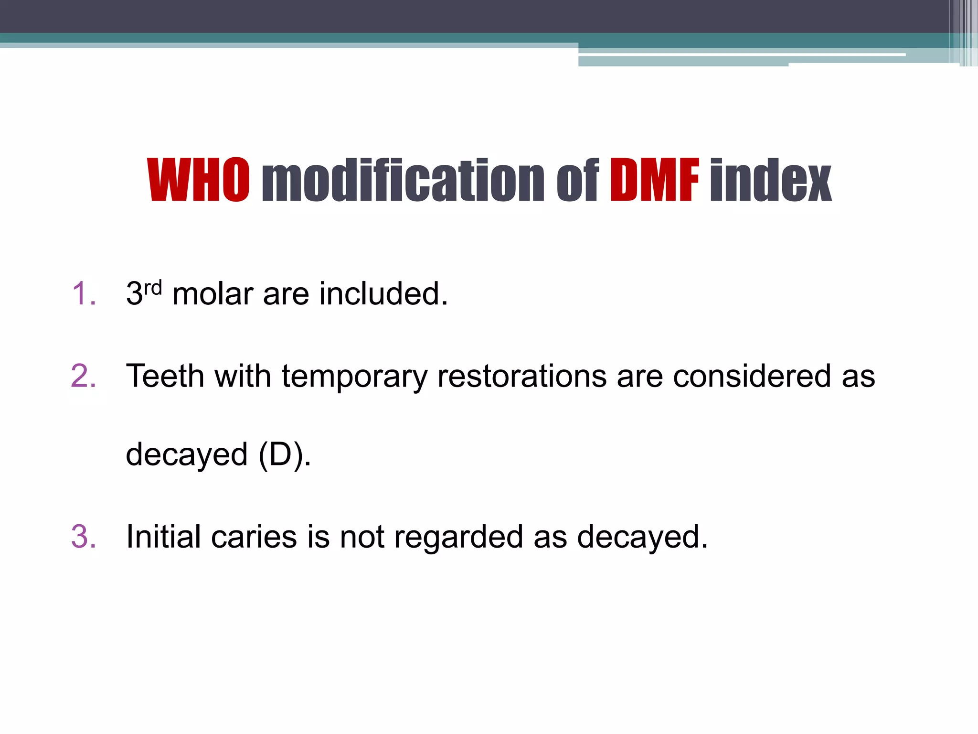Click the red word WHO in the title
click(198, 180)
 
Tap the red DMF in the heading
click(654, 180)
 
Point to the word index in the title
click(771, 180)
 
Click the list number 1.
click(84, 293)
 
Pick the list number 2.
click(84, 376)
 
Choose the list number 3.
click(84, 537)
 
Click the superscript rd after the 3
click(153, 288)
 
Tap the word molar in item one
click(213, 293)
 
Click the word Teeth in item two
click(165, 376)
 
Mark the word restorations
click(522, 376)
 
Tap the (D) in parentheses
click(281, 455)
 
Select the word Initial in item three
click(163, 537)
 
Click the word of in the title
click(577, 180)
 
